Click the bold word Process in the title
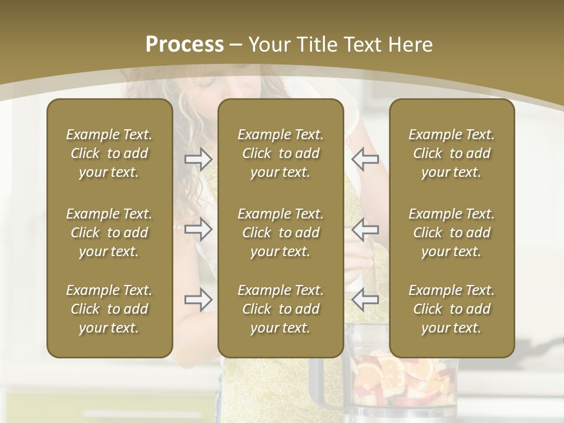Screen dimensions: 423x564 (x=184, y=45)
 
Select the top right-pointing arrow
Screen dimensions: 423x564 (x=199, y=159)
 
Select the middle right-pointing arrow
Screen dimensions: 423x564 (x=199, y=229)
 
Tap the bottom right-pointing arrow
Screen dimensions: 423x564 (x=199, y=300)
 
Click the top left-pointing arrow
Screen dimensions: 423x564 (x=365, y=159)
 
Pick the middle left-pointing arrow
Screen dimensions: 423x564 (x=365, y=229)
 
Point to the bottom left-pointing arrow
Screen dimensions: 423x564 (x=365, y=300)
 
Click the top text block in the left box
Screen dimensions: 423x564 (x=109, y=153)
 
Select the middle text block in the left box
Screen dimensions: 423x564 (x=109, y=233)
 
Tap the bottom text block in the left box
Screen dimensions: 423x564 (x=109, y=309)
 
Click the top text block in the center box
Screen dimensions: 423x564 (x=280, y=153)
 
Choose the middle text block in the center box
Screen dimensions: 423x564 (x=280, y=233)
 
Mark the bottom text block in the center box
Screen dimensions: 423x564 (x=280, y=309)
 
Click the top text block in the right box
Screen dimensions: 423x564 (x=451, y=153)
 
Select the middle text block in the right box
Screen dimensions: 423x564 (x=451, y=233)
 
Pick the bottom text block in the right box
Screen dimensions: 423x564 (x=451, y=309)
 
